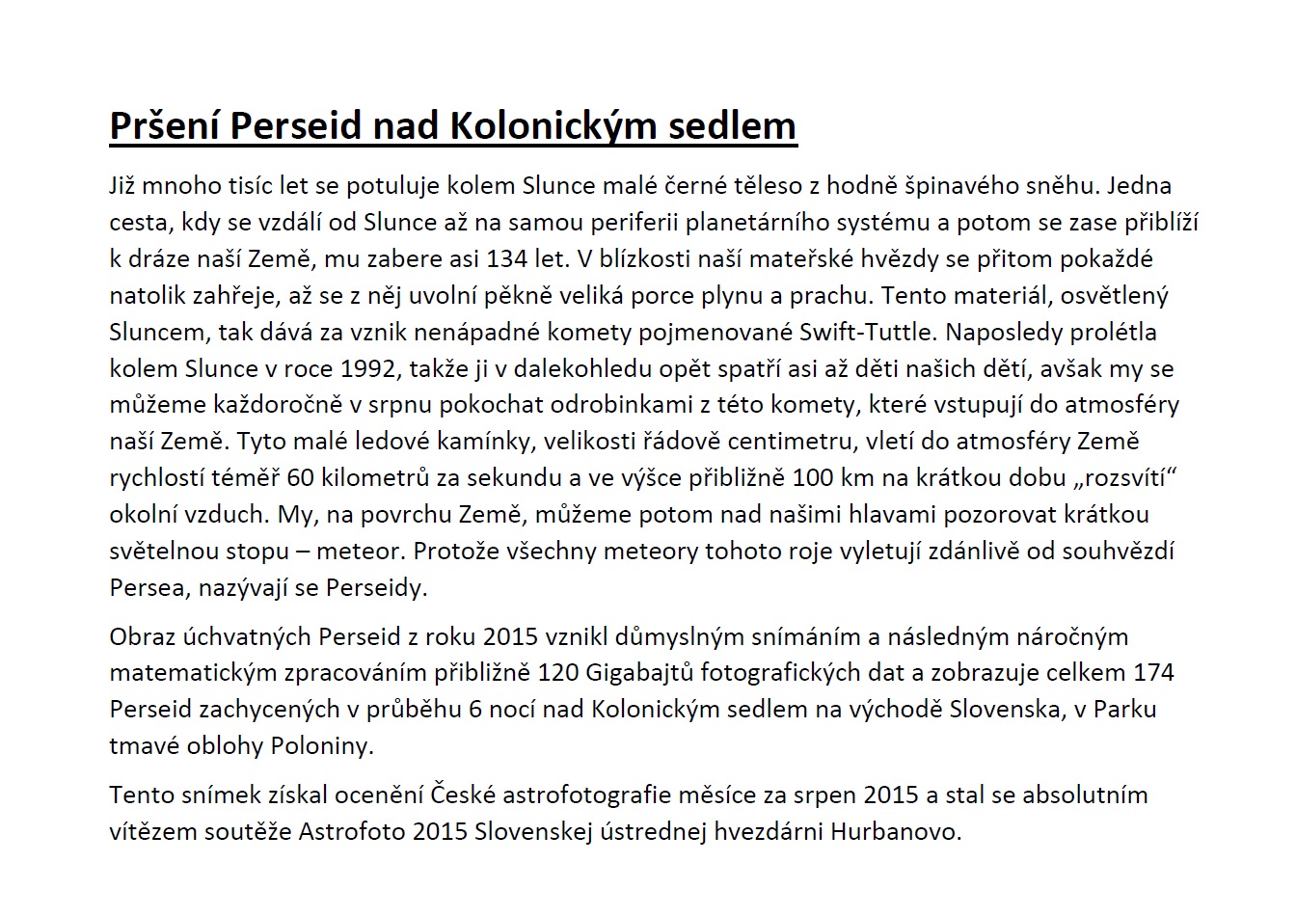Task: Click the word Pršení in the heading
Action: click(x=166, y=126)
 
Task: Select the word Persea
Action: click(x=146, y=587)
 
